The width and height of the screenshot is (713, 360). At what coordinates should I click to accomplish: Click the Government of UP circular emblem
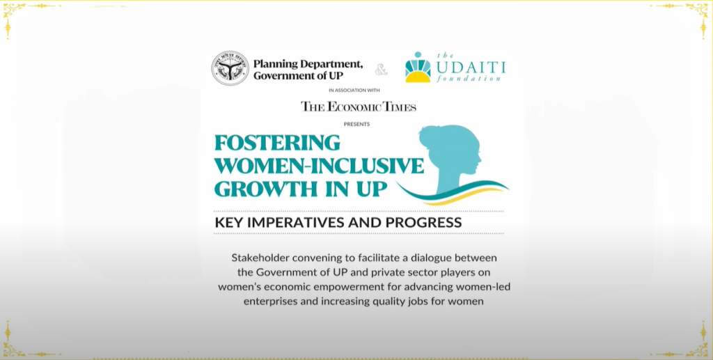click(x=230, y=68)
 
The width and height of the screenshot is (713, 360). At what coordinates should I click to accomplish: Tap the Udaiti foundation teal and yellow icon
click(x=418, y=68)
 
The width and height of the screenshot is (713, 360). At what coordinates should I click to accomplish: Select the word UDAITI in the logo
click(x=471, y=68)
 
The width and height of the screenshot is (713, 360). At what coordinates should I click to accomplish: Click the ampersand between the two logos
click(x=381, y=70)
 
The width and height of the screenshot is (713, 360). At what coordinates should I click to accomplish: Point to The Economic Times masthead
click(x=359, y=107)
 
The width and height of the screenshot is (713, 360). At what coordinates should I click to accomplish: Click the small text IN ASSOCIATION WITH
click(x=354, y=91)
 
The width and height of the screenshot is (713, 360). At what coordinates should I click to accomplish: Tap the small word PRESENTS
click(x=356, y=124)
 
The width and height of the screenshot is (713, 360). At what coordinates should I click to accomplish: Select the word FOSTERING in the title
click(x=277, y=142)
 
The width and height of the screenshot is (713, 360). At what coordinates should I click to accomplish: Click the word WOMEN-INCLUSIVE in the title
click(x=319, y=166)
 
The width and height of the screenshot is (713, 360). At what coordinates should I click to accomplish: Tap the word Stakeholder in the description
click(x=260, y=258)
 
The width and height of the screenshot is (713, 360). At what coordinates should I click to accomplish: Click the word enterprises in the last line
click(x=270, y=302)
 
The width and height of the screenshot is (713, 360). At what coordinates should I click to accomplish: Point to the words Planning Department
click(x=308, y=64)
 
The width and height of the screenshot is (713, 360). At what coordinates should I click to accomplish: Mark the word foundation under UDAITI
click(x=469, y=79)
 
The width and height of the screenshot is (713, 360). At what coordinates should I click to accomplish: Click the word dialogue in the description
click(x=430, y=258)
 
